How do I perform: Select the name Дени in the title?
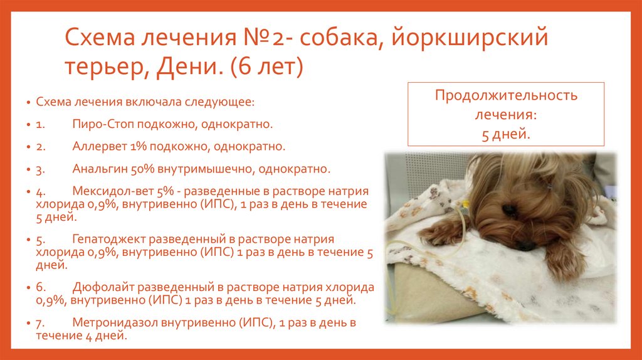tap(191, 67)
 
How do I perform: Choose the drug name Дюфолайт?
tap(102, 287)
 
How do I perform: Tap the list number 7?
tap(38, 323)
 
